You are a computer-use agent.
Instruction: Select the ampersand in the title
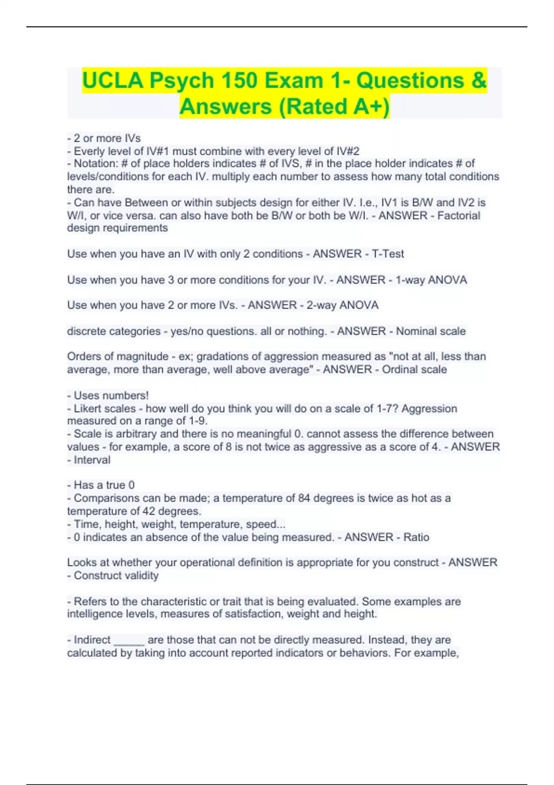tap(479, 80)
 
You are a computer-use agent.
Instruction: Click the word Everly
tap(90, 151)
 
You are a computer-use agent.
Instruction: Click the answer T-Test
tap(388, 254)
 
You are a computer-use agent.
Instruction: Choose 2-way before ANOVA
tap(321, 305)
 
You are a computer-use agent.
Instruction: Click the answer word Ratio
tap(416, 537)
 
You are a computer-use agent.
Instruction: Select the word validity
tap(138, 575)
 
